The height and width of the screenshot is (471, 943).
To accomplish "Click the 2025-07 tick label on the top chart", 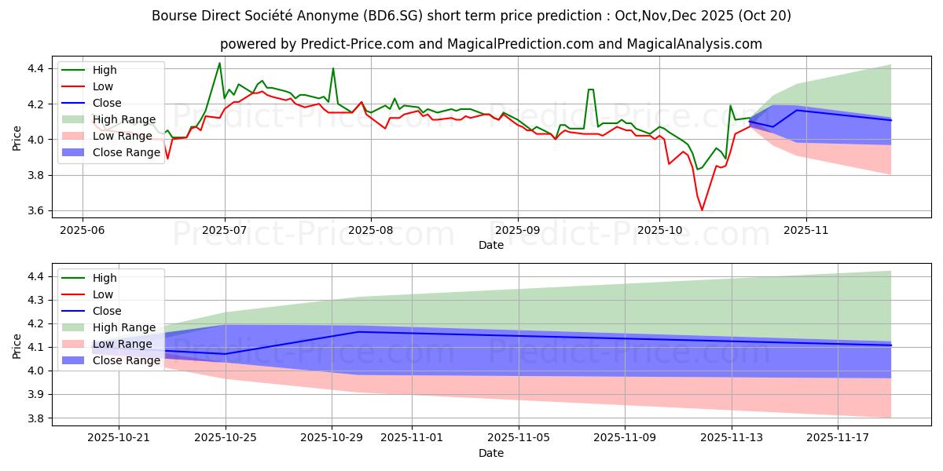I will click(225, 232).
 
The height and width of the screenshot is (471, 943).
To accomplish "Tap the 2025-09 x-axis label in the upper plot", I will click(518, 232).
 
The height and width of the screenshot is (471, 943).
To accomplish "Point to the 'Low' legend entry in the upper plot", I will click(103, 86).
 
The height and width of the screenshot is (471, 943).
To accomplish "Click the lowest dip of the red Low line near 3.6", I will click(702, 210).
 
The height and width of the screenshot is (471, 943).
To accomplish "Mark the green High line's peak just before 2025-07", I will click(219, 63).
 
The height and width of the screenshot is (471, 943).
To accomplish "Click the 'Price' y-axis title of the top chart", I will click(17, 139).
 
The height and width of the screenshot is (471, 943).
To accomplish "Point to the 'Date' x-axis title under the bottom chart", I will click(491, 454).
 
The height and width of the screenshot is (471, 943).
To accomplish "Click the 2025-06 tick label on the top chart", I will click(83, 232).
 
